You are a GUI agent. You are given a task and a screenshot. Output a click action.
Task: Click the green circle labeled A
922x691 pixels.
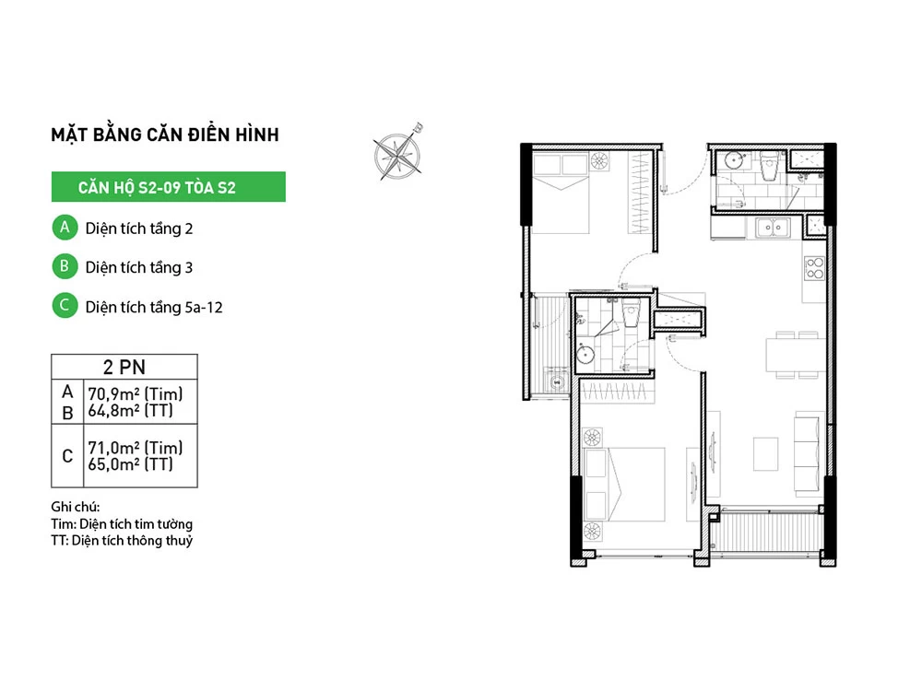(x=65, y=228)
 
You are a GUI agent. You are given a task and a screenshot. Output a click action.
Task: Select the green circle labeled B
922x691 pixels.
(x=65, y=266)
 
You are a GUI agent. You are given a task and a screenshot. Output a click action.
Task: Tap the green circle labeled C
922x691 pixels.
(x=65, y=306)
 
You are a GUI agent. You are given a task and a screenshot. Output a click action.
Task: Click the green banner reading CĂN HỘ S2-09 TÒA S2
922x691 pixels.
(x=168, y=187)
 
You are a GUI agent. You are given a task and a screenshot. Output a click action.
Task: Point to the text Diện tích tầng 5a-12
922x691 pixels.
(x=154, y=308)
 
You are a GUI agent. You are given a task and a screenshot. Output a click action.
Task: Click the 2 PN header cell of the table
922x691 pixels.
(x=124, y=367)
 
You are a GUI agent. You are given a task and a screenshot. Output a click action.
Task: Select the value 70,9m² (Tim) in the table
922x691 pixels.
(x=136, y=393)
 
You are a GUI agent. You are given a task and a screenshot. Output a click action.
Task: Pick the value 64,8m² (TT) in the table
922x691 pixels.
(x=131, y=410)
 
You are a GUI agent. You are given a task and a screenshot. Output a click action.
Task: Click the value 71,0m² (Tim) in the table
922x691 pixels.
(x=136, y=448)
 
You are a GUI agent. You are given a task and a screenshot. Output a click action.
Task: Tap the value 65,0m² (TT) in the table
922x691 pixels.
(x=131, y=464)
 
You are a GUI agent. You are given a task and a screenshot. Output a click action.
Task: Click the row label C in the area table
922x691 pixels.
(x=67, y=456)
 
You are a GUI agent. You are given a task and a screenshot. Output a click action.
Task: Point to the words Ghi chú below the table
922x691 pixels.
(x=76, y=507)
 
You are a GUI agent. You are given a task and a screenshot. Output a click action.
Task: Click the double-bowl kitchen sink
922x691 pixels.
(x=773, y=227)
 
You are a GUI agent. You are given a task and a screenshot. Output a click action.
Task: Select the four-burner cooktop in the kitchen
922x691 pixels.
(x=815, y=268)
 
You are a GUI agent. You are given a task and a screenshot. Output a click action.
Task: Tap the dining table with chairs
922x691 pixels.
(x=796, y=355)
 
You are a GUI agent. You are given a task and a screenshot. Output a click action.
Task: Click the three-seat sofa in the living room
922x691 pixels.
(x=808, y=453)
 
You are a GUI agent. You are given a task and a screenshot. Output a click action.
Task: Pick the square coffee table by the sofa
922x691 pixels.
(x=765, y=453)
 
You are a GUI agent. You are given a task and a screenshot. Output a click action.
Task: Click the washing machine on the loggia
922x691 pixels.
(x=556, y=382)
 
